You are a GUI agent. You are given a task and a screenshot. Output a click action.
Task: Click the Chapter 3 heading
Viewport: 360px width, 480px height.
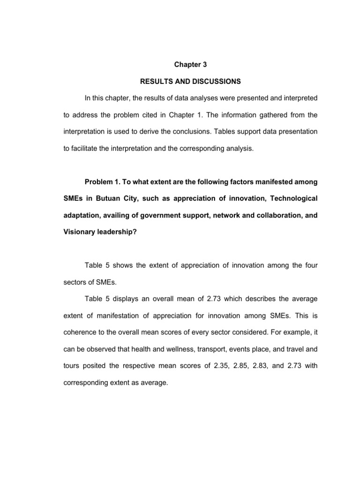[x=190, y=65]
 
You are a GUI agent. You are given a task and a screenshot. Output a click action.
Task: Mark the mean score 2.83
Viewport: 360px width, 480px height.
[x=262, y=366]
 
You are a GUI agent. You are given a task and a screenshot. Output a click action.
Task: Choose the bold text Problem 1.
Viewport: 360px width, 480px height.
[x=104, y=182]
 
